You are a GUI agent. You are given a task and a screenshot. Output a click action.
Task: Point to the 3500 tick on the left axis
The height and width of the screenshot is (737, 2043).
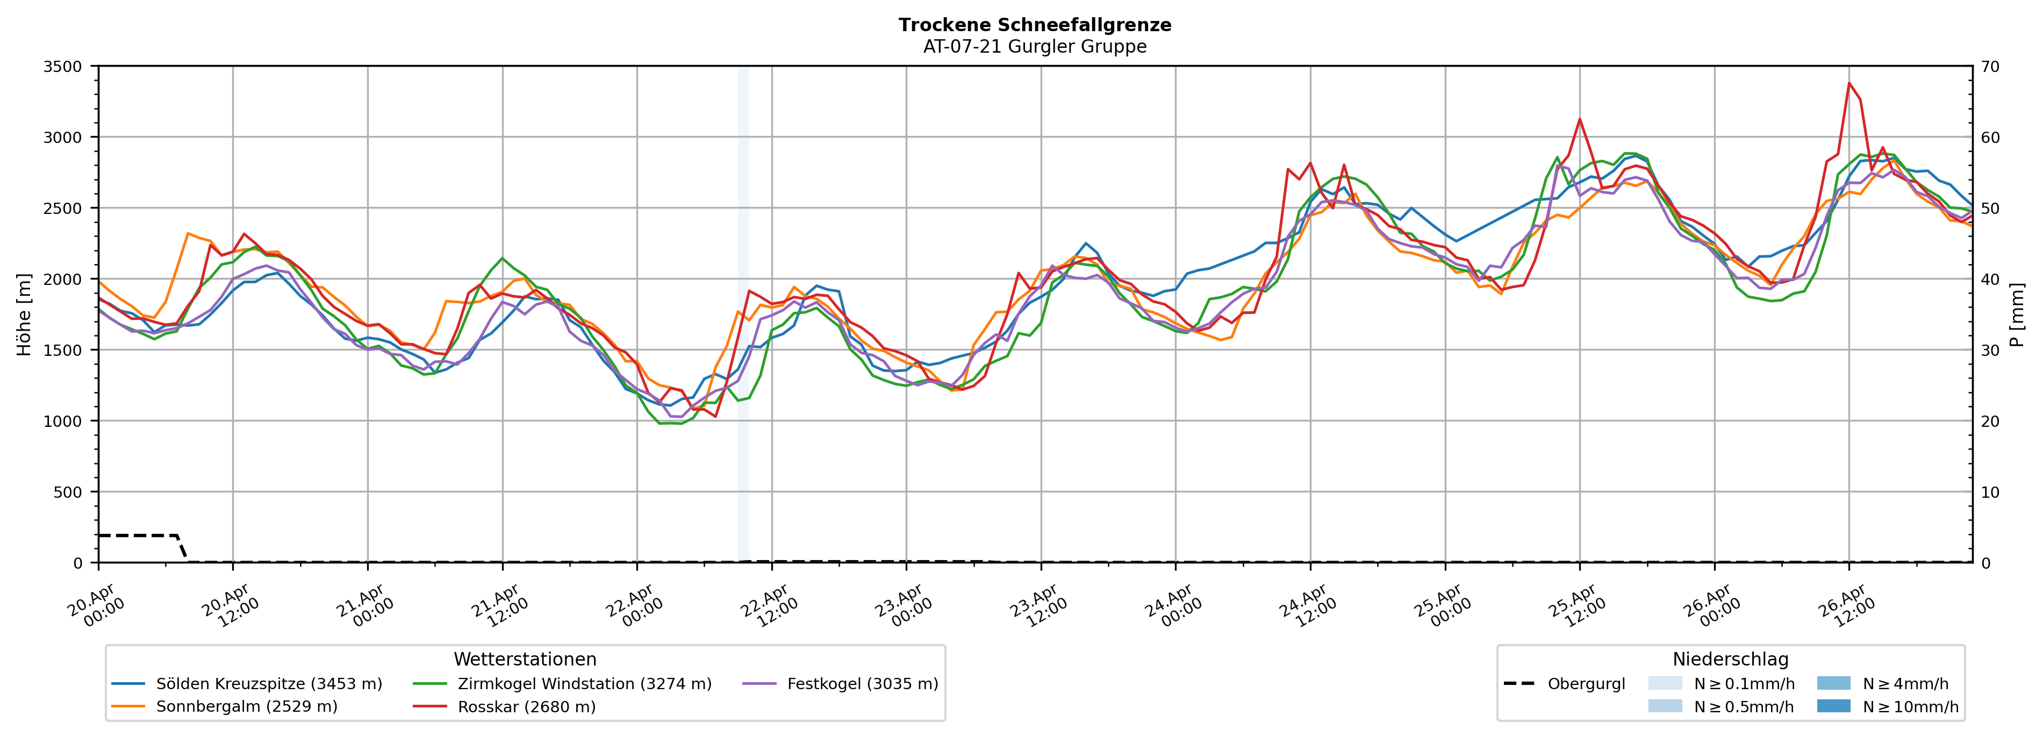click(x=63, y=67)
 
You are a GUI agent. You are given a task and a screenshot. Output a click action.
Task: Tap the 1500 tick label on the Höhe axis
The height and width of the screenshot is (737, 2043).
click(x=63, y=350)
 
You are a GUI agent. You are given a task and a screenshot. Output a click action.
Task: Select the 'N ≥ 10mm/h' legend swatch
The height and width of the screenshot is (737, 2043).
click(x=1833, y=706)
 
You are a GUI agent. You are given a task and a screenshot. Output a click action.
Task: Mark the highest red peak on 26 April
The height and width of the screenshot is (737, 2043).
click(x=1848, y=82)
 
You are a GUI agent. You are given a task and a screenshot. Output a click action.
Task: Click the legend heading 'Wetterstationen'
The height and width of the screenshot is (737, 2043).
click(x=525, y=659)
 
